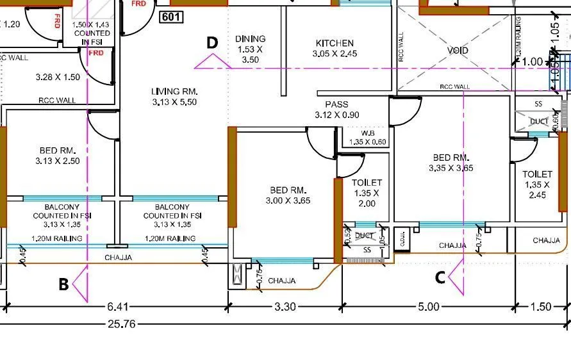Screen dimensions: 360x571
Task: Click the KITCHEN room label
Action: coord(335,43)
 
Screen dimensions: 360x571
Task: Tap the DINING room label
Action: coord(250,39)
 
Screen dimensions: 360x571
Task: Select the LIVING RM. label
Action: coord(174,91)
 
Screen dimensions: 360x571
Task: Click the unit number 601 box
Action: coord(170,17)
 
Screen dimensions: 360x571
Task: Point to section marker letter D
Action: coord(212,43)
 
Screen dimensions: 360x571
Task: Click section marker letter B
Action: coord(63,284)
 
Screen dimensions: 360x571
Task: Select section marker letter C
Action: coord(440,277)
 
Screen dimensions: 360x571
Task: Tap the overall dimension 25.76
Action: coord(122,324)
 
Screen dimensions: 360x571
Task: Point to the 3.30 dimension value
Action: coord(285,307)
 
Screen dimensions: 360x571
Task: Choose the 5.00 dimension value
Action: coord(428,307)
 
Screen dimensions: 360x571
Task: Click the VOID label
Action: coord(458,50)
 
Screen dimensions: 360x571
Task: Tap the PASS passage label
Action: coord(336,104)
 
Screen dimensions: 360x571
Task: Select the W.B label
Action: coord(367,133)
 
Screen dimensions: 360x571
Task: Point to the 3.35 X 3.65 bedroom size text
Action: coord(451,168)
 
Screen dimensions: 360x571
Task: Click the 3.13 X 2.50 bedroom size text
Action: coord(58,161)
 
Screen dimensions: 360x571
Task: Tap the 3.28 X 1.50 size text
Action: coord(58,78)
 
